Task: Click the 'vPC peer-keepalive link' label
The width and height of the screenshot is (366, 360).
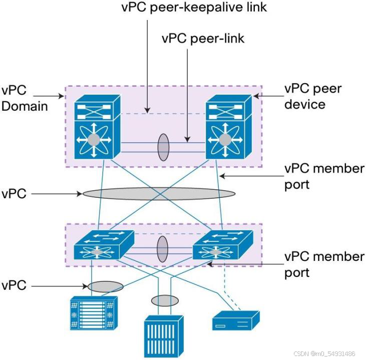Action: click(x=194, y=9)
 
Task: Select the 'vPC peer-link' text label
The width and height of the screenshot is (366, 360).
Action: click(x=202, y=38)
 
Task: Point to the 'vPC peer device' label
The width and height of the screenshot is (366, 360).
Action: click(x=313, y=97)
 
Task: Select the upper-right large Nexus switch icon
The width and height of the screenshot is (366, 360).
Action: click(x=227, y=127)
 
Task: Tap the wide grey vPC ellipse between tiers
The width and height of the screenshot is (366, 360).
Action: click(x=159, y=194)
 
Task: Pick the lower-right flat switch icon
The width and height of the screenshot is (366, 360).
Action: click(x=221, y=245)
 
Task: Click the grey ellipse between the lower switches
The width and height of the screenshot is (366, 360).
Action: click(x=162, y=249)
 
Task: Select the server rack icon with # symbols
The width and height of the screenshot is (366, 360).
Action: click(x=93, y=313)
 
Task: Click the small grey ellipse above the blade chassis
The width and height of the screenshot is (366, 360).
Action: click(x=165, y=300)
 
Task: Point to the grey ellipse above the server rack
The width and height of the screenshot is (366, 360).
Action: click(x=106, y=286)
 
